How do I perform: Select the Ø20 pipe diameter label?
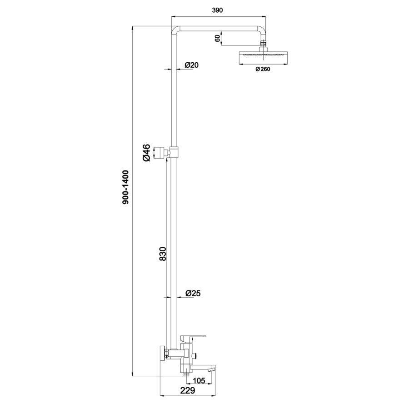point(191,65)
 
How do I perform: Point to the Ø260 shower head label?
point(263,70)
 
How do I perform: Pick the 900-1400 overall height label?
point(126,187)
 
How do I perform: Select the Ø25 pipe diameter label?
point(193,294)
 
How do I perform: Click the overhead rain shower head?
point(263,58)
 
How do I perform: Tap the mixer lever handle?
point(195,337)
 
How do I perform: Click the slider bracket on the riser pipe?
point(174,151)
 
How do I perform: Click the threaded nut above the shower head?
point(263,47)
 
